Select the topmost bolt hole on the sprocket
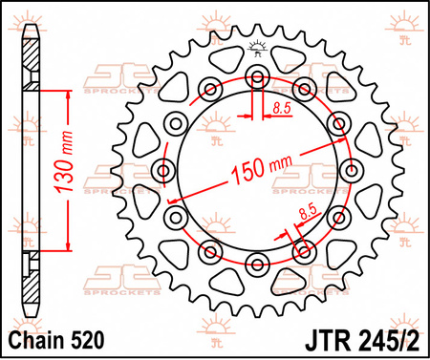[256, 77]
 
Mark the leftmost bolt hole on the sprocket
[162, 171]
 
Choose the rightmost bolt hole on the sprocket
[350, 171]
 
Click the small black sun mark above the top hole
[256, 47]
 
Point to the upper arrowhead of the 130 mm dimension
[68, 95]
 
